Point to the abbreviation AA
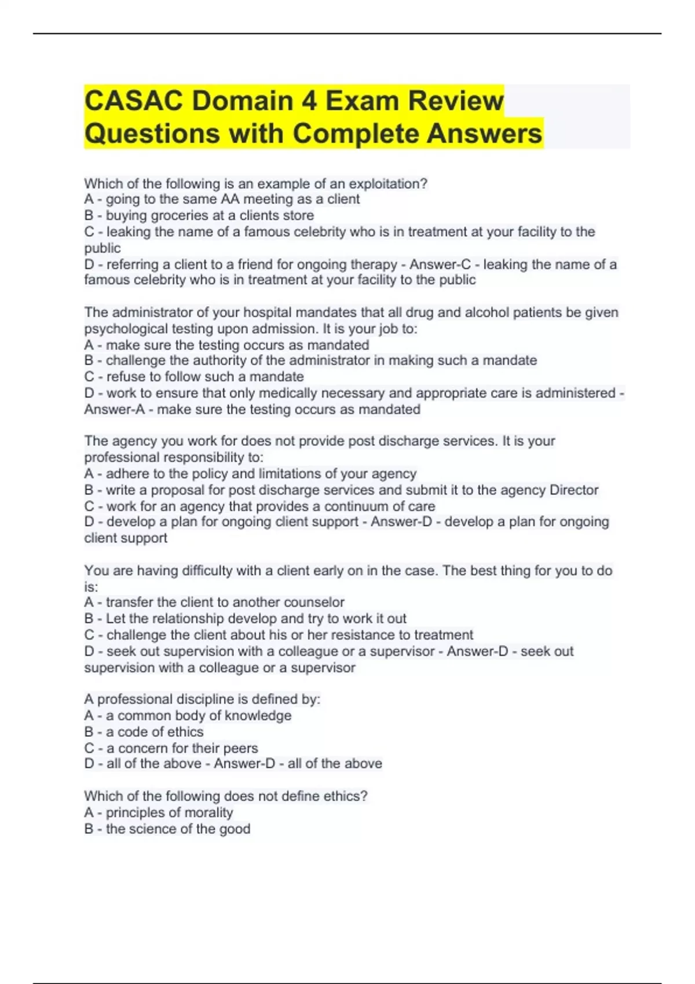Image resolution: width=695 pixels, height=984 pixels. click(x=230, y=199)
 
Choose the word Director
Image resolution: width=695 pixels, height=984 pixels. click(x=573, y=490)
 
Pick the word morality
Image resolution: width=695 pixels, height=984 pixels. click(x=209, y=813)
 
